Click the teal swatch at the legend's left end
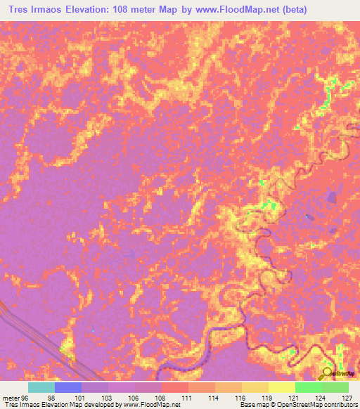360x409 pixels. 41,387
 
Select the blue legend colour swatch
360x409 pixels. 68,387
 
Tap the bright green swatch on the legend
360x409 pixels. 309,387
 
